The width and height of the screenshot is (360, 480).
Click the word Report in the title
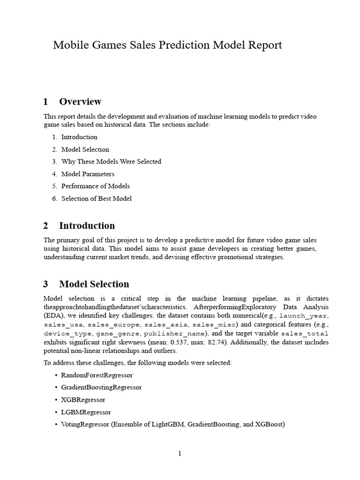tap(264, 45)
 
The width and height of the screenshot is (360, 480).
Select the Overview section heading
tap(80, 102)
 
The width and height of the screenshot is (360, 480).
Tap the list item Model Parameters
tap(88, 174)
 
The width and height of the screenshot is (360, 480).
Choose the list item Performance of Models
tap(96, 186)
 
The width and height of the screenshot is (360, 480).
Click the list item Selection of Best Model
tap(97, 198)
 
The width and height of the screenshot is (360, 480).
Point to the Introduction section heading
tap(87, 225)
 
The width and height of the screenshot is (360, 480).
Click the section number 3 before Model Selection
tap(46, 284)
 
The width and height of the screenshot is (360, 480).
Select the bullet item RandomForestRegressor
tap(97, 375)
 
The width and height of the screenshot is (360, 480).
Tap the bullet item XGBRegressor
tap(83, 400)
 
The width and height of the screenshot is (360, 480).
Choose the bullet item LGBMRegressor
tap(86, 412)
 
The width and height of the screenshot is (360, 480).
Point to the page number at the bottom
tap(180, 453)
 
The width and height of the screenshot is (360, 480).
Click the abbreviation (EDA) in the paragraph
tap(53, 316)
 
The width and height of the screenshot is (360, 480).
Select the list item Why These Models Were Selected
tap(111, 162)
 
